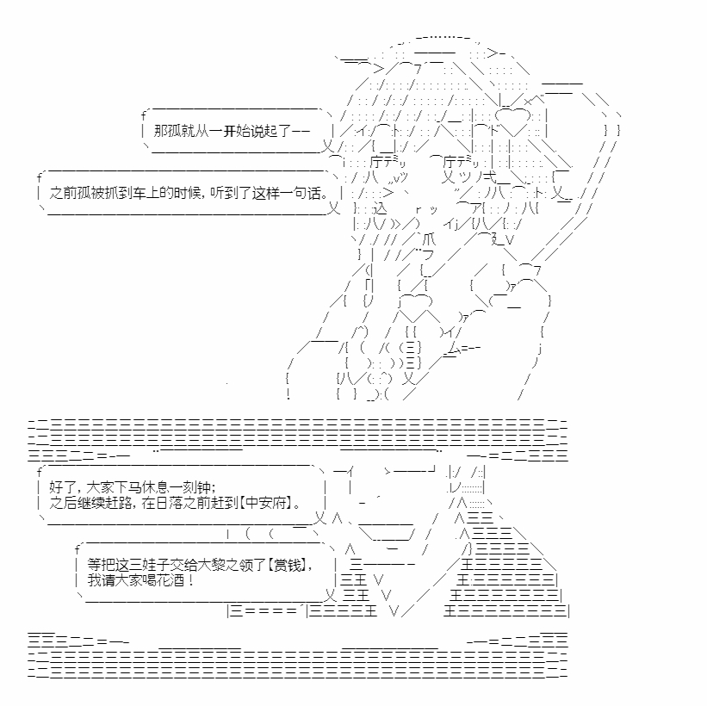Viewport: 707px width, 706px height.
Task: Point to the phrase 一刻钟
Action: click(190, 487)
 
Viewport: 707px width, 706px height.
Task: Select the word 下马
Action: click(127, 487)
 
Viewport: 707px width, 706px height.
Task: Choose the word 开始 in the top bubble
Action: click(237, 131)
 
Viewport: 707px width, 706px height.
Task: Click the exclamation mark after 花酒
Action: click(190, 579)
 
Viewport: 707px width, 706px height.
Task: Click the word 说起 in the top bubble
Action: click(264, 131)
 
